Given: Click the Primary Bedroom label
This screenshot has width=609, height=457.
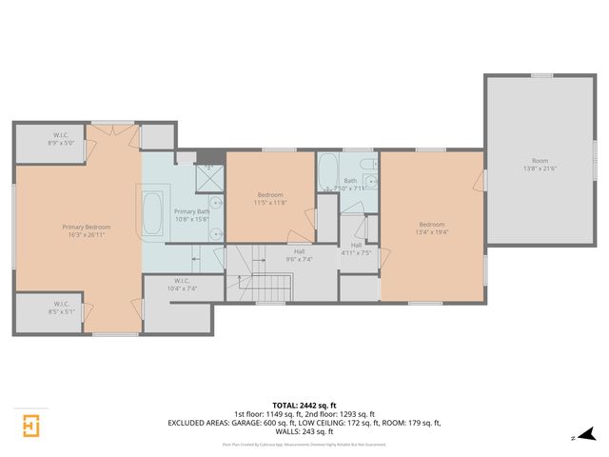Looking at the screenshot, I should click(87, 227).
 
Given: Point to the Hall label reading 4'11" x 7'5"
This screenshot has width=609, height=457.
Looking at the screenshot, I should click(357, 248).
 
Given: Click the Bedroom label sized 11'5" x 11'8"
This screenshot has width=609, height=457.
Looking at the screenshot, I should click(270, 198).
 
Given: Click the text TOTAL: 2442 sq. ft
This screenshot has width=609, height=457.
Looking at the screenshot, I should click(304, 406).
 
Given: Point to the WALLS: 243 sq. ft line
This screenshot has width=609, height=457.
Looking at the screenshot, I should click(304, 430).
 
